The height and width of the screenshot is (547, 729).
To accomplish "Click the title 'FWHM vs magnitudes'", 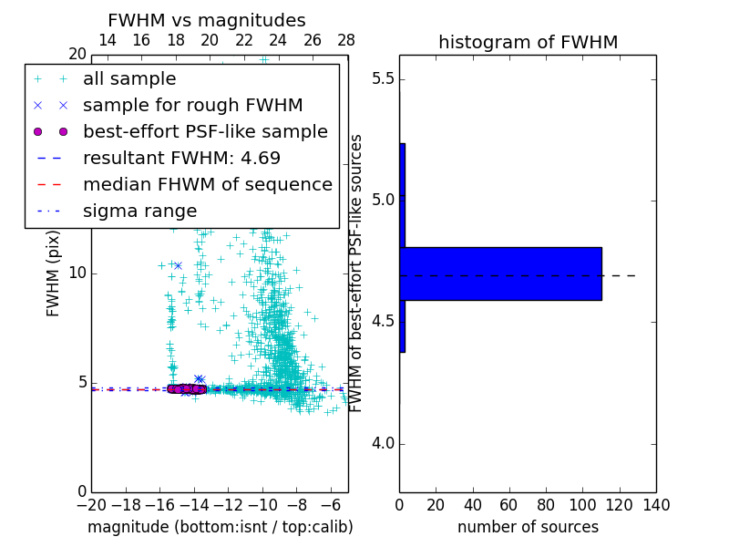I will [x=206, y=20].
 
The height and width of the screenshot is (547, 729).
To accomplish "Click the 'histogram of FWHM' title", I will [x=528, y=42].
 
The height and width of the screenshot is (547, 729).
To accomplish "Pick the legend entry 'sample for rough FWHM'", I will [x=192, y=106].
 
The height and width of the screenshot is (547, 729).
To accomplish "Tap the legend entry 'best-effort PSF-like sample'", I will [x=205, y=132].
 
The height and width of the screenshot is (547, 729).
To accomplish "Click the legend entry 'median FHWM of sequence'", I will [x=207, y=185].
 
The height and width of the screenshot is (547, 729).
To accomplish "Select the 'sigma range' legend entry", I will [x=139, y=212].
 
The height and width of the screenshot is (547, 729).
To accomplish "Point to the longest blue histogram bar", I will [x=500, y=273].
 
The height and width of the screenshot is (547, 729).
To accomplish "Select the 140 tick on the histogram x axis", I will [x=656, y=504].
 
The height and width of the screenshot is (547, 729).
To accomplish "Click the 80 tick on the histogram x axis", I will [x=546, y=504].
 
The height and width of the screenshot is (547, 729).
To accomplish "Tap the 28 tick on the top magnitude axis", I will [x=346, y=40].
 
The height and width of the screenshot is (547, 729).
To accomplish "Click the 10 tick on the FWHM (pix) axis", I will [x=77, y=273].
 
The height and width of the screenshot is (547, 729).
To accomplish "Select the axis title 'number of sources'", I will [x=528, y=527].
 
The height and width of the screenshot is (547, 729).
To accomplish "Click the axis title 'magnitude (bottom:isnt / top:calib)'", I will [x=220, y=527].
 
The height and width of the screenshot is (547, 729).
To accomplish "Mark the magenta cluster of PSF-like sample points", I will [x=187, y=389].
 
